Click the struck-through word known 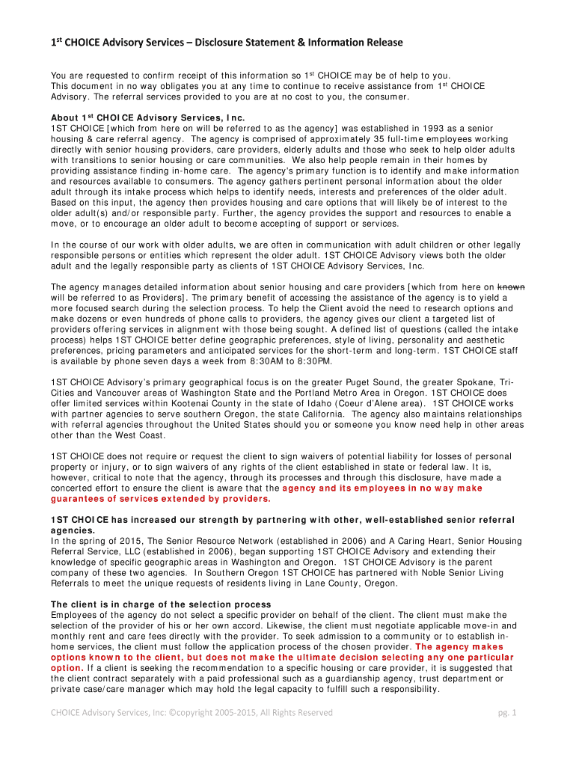tap(512, 287)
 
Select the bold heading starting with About tap(147, 118)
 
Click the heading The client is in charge tap(160, 604)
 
